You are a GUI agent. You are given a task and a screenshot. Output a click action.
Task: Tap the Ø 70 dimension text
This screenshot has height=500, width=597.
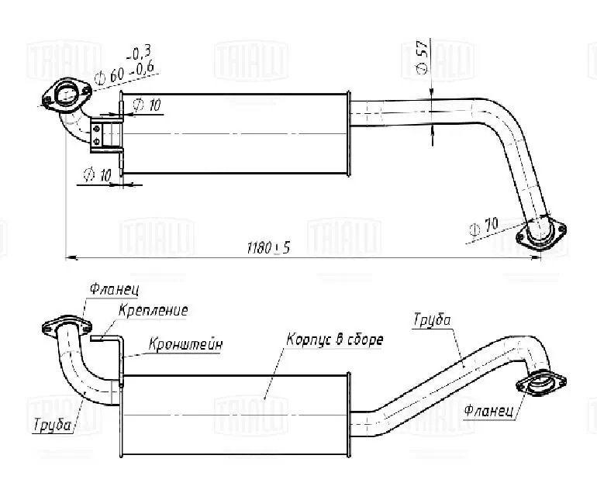click(484, 228)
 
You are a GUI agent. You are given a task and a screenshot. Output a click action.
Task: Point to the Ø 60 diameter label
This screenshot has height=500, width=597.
click(111, 77)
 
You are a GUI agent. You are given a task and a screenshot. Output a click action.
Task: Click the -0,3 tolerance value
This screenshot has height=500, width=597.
click(140, 53)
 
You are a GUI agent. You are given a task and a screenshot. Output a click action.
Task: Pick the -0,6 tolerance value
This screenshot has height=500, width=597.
click(143, 70)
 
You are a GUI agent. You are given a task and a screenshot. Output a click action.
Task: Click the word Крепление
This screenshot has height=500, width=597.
click(154, 310)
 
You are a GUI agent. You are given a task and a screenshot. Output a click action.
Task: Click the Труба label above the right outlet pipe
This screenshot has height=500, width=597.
click(432, 319)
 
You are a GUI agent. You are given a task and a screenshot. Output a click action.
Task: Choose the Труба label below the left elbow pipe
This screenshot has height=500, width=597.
click(53, 424)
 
